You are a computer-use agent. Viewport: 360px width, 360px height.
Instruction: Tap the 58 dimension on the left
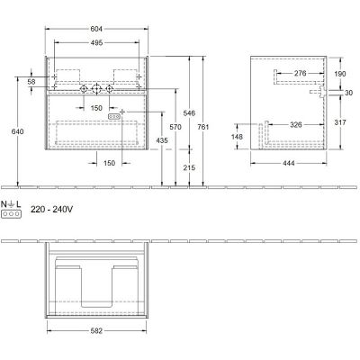coord(31,82)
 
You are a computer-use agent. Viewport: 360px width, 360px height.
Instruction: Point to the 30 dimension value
coord(347,93)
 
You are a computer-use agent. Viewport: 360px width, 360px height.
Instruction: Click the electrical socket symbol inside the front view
coord(113,116)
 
